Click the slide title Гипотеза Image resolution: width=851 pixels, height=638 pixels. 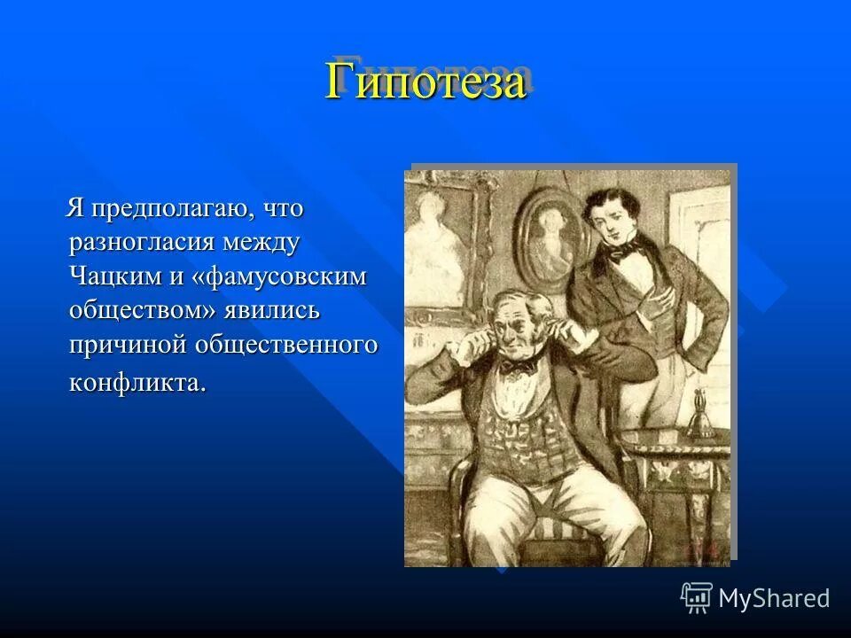coord(425,82)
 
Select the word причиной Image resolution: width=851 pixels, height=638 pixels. coord(131,345)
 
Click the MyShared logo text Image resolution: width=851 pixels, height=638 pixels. coord(774,598)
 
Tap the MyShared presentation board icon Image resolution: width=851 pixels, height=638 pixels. coord(697,597)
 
